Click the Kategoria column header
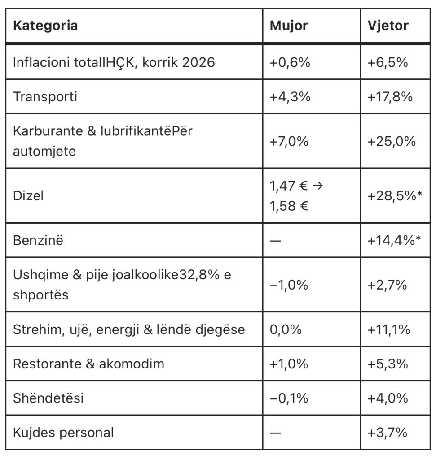(45, 26)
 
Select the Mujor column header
(289, 26)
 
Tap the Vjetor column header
(388, 26)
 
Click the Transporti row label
(45, 97)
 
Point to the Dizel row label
(28, 195)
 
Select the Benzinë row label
(38, 240)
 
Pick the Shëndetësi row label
(48, 398)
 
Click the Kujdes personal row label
(63, 433)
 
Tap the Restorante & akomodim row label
(89, 364)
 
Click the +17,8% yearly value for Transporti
(390, 97)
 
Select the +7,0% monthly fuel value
(289, 141)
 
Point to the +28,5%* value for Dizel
(395, 195)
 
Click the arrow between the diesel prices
(318, 186)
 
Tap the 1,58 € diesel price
(289, 206)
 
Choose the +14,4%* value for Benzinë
(394, 240)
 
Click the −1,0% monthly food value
(289, 285)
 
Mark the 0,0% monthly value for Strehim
(286, 329)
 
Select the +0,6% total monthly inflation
(290, 62)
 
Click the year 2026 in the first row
(198, 62)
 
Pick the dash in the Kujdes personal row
(275, 433)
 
